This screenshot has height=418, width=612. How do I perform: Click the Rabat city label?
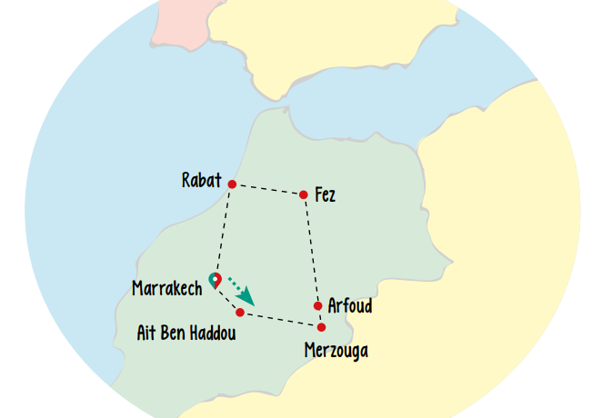click(x=201, y=180)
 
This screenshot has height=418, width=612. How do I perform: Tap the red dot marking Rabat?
click(x=232, y=184)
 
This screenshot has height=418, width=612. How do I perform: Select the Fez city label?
click(x=325, y=194)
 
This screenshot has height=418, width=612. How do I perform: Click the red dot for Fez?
click(x=303, y=194)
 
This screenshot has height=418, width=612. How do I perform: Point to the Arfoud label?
click(x=350, y=305)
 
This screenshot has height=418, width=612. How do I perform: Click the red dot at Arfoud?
click(x=318, y=306)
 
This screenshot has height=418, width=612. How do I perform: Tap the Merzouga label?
click(x=336, y=350)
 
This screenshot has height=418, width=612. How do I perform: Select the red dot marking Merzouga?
click(x=322, y=327)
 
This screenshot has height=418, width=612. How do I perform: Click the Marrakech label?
click(x=166, y=289)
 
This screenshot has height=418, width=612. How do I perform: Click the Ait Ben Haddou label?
click(x=186, y=333)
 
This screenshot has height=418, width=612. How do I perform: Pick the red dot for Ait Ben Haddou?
click(x=240, y=313)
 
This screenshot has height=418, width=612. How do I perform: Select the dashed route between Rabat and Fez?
click(x=267, y=189)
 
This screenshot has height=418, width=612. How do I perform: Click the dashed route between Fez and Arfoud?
click(x=311, y=250)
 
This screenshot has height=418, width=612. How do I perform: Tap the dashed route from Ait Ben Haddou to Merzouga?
click(x=281, y=320)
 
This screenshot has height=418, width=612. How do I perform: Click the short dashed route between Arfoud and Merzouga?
click(x=320, y=317)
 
